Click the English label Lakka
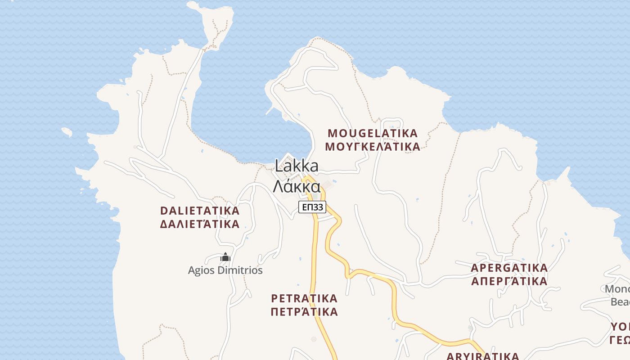tap(297, 166)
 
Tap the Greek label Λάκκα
tap(297, 186)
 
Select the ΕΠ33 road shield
tap(312, 207)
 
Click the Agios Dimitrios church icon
tap(225, 257)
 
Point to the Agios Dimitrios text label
tap(225, 270)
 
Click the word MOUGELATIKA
tap(373, 134)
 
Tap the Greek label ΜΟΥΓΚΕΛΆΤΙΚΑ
tap(373, 147)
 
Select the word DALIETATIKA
tap(200, 211)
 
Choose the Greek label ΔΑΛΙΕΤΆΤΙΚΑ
tap(200, 224)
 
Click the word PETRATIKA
tap(304, 298)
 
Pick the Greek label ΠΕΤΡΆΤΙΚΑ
tap(304, 312)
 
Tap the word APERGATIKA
tap(509, 268)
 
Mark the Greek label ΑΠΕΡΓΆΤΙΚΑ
tap(509, 282)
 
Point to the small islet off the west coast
tap(67, 132)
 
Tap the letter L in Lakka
tap(279, 166)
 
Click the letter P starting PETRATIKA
tap(274, 298)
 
